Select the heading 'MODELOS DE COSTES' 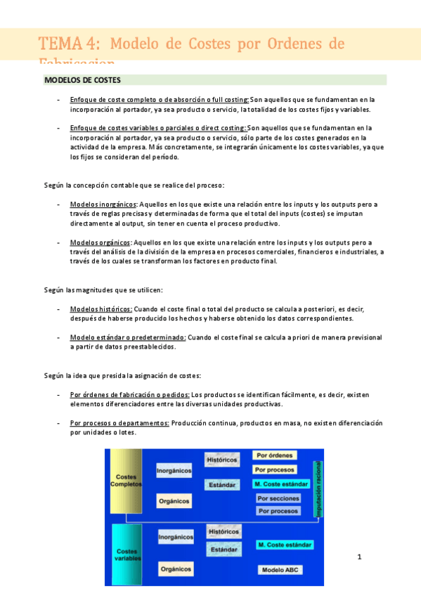82,80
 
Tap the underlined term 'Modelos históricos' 101,309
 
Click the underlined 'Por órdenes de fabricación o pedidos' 130,395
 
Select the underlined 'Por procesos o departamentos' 119,423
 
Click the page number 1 359,557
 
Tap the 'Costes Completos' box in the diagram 127,481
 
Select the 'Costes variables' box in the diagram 128,555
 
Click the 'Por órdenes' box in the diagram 275,455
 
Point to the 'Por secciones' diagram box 278,498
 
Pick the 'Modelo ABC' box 280,569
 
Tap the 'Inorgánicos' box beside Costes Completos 174,470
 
